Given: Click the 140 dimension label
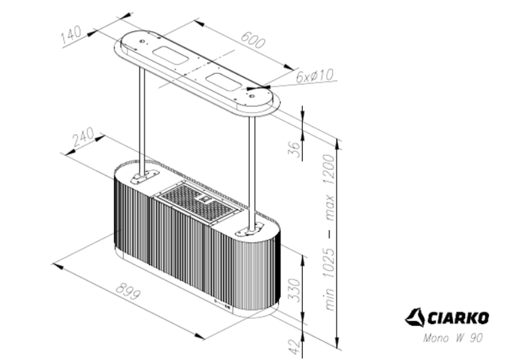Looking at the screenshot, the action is click(x=71, y=35).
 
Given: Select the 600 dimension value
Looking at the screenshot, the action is click(x=253, y=39).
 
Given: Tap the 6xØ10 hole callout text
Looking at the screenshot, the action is click(x=314, y=76).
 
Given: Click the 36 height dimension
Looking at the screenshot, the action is click(x=295, y=148).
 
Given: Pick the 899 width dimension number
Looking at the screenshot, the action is click(x=129, y=292).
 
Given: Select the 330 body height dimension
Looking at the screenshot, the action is click(x=294, y=289).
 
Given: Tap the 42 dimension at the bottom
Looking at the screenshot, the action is click(x=295, y=346).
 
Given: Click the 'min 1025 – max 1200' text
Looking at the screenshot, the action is click(x=329, y=233).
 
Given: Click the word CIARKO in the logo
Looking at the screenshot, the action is click(x=458, y=318).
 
